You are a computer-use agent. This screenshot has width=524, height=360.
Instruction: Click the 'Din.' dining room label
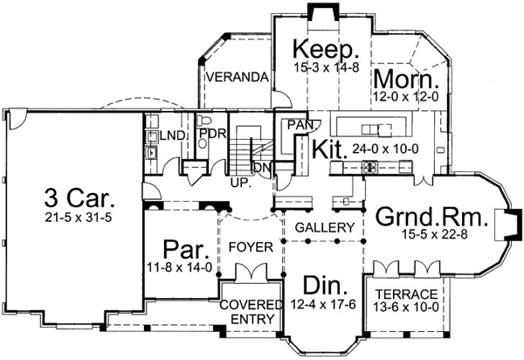(x=325, y=287)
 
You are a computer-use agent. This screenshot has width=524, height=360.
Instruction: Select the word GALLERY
(x=325, y=227)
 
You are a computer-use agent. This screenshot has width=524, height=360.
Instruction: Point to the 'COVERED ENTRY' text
(x=251, y=311)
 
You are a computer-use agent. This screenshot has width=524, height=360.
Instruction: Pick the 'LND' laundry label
(x=169, y=135)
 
